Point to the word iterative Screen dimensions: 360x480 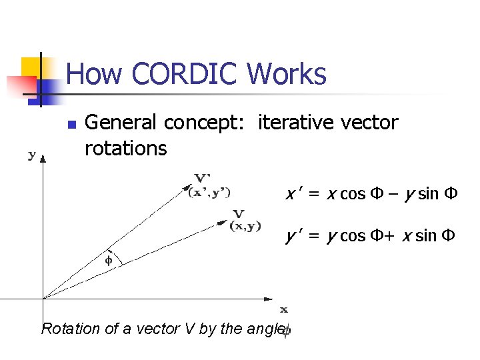coord(294,123)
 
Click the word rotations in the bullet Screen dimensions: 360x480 coord(126,148)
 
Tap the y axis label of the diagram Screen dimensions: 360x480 coord(32,155)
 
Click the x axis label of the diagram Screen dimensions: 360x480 coord(283,309)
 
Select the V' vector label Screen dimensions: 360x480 coord(203,178)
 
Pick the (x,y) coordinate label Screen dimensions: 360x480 coord(245,226)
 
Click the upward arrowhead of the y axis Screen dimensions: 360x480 coord(43,159)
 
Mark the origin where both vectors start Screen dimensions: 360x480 coord(43,298)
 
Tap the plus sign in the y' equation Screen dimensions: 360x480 coord(393,235)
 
